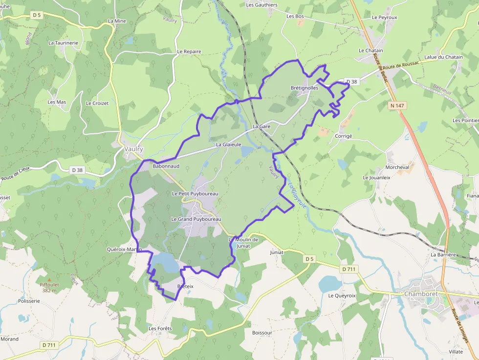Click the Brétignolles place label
pos(305,88)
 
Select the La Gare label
pos(261,127)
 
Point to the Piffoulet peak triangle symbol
pos(48,279)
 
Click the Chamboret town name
pos(421,294)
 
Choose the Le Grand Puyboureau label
pos(196,219)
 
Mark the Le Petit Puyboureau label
pos(195,194)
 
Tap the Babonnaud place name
pos(166,166)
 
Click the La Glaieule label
pos(229,145)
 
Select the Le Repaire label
pos(189,51)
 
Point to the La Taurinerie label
pos(63,43)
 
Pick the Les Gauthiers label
pos(262,5)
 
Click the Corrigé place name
pos(344,136)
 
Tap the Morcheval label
pos(397,167)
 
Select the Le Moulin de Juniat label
pos(243,242)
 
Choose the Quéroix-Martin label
pos(124,249)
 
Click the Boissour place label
pos(262,333)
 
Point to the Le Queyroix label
pos(342,296)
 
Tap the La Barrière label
pos(443,255)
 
